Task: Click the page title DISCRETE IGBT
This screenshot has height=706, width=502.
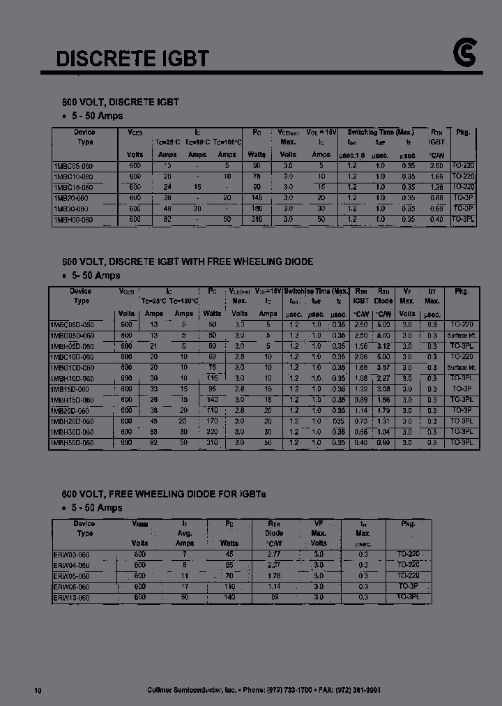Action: click(132, 58)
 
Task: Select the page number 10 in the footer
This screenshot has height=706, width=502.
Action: click(38, 690)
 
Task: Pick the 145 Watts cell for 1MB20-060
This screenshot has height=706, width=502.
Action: click(257, 198)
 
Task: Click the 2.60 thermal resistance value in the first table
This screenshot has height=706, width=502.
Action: click(436, 166)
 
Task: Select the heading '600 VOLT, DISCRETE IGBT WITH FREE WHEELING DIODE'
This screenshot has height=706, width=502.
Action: click(188, 262)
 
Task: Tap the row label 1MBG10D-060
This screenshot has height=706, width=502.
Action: click(73, 367)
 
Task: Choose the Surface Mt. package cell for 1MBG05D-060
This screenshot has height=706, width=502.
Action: click(462, 336)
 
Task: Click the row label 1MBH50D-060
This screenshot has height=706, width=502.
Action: click(73, 442)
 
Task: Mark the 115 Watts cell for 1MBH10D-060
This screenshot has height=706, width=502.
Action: click(212, 378)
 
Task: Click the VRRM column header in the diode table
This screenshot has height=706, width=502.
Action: click(139, 523)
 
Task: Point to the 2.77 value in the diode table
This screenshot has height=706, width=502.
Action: click(274, 554)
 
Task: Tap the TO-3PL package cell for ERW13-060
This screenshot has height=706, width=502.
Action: click(409, 597)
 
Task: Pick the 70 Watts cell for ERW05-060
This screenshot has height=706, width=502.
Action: click(229, 576)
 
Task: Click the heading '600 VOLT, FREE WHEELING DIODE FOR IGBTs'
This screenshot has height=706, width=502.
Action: click(164, 494)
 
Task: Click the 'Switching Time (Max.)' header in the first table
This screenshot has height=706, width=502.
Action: click(381, 132)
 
